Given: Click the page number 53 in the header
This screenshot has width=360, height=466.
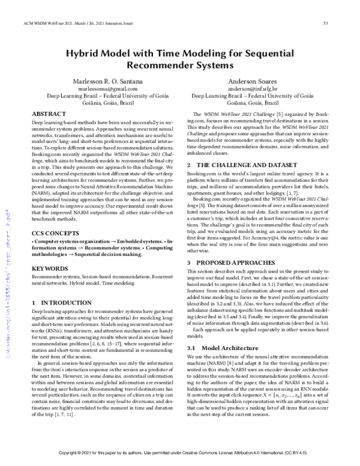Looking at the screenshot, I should click(x=325, y=24).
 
